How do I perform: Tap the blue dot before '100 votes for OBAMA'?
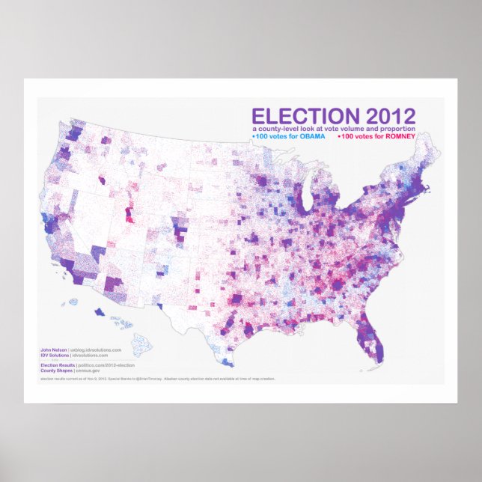pos(254,137)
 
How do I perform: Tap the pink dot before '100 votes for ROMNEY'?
pos(340,137)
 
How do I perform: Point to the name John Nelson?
pos(53,349)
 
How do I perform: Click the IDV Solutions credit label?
pos(54,355)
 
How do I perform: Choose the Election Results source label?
pos(57,364)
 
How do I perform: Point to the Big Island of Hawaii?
pos(142,344)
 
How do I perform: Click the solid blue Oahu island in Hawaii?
pos(99,314)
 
